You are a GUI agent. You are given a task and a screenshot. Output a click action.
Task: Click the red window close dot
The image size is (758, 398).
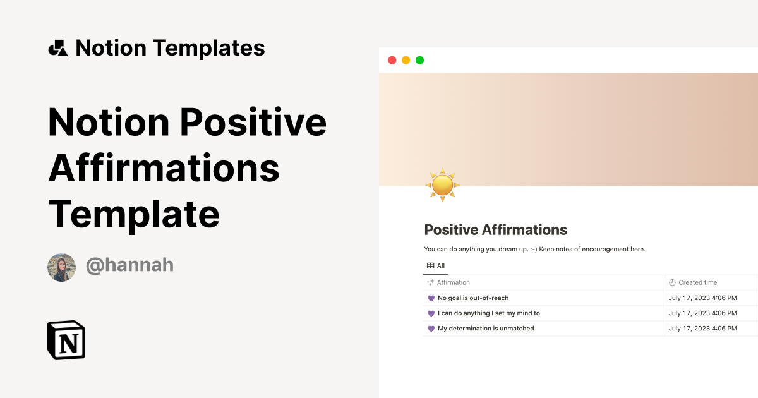pyautogui.click(x=392, y=61)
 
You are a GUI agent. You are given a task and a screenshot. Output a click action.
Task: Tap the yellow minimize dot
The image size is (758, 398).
pyautogui.click(x=406, y=61)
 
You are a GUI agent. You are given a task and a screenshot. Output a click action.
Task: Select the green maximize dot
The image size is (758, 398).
pyautogui.click(x=419, y=61)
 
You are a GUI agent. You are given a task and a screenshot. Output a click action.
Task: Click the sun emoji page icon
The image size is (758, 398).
pyautogui.click(x=442, y=185)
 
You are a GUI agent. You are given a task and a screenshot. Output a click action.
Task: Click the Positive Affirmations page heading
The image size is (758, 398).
pyautogui.click(x=495, y=230)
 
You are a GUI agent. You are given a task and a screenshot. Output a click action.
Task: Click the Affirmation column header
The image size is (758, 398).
pyautogui.click(x=453, y=283)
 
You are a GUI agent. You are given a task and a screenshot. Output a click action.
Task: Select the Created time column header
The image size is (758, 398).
pyautogui.click(x=697, y=283)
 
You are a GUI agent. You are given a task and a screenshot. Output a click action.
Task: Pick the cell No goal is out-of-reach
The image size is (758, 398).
pyautogui.click(x=473, y=298)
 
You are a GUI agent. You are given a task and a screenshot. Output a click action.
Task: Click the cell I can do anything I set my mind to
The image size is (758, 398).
pyautogui.click(x=488, y=313)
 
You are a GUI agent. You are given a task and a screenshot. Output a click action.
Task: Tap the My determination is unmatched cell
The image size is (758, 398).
pyautogui.click(x=486, y=329)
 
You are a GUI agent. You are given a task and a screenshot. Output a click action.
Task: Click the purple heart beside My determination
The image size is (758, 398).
pyautogui.click(x=431, y=329)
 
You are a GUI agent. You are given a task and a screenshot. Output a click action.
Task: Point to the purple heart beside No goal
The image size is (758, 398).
pyautogui.click(x=431, y=298)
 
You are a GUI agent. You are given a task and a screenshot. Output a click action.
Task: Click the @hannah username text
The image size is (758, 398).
pyautogui.click(x=129, y=265)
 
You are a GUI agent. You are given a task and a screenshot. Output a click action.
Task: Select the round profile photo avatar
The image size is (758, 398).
pyautogui.click(x=62, y=267)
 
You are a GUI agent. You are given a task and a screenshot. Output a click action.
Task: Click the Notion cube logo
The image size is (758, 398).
pyautogui.click(x=66, y=341)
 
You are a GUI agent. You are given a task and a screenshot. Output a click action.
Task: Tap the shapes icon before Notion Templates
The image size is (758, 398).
pyautogui.click(x=58, y=48)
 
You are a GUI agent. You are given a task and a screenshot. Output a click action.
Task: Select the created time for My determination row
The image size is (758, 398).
pyautogui.click(x=702, y=329)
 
